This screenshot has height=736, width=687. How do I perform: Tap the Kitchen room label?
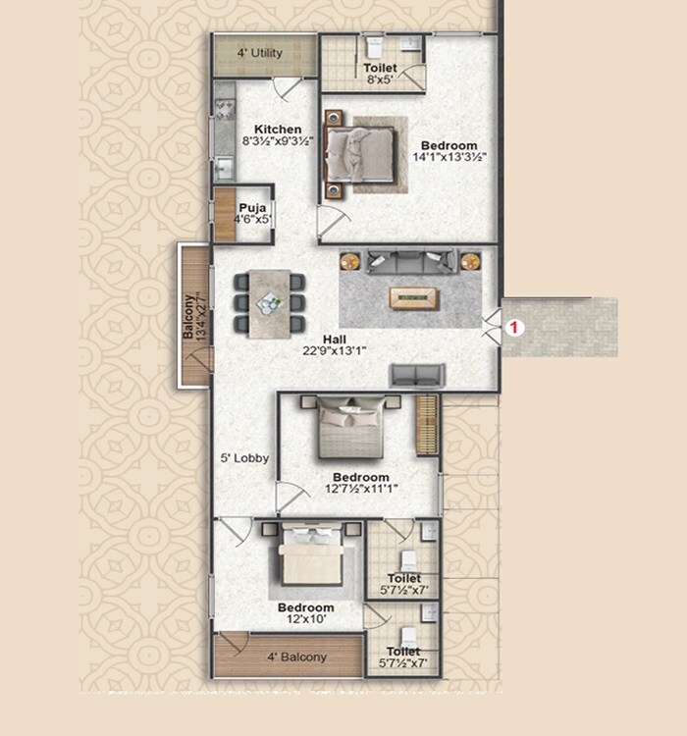[x=278, y=130]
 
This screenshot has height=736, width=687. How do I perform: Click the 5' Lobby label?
[x=245, y=458]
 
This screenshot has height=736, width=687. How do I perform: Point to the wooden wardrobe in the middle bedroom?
[x=426, y=424]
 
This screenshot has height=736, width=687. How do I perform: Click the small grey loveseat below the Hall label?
[x=417, y=374]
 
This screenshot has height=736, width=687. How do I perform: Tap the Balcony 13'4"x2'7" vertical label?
[x=193, y=317]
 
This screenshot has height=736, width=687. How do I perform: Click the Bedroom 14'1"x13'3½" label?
[x=449, y=150]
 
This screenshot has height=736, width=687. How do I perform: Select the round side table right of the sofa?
[x=470, y=261]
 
